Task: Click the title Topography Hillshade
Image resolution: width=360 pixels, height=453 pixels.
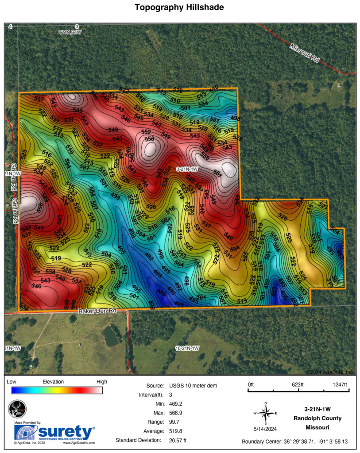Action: point(180,8)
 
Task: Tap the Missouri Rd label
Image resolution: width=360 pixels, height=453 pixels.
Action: point(305,53)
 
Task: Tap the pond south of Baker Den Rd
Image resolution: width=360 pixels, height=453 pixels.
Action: point(111,336)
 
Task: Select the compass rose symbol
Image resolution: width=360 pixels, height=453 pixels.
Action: point(265,413)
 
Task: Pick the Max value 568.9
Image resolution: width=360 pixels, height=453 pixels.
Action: point(176,413)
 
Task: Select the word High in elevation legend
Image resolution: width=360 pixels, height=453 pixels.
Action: point(101,381)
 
